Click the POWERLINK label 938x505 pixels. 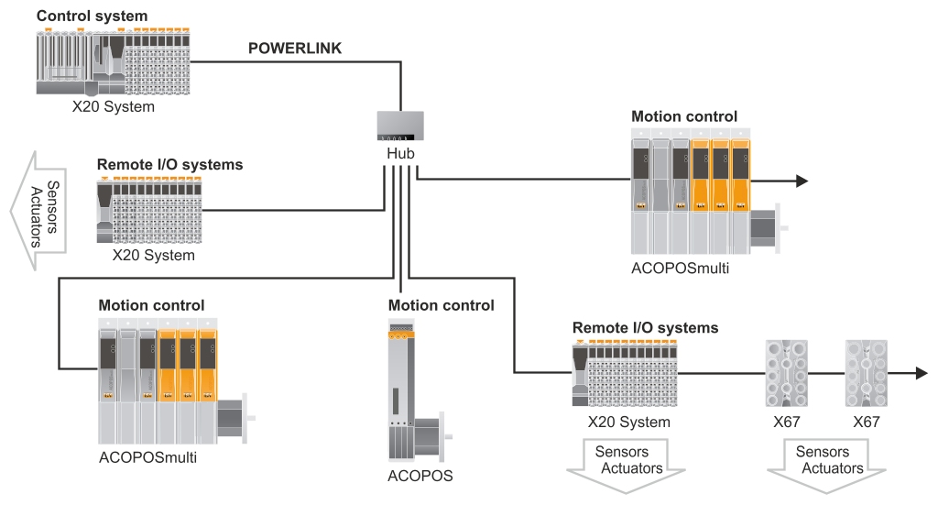coord(295,49)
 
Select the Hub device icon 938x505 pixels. coord(400,125)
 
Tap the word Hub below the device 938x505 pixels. coord(400,153)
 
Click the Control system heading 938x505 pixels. coord(92,16)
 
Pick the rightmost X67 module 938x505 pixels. coord(866,374)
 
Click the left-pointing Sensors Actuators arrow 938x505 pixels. coord(36,213)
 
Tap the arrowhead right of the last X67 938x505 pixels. coord(920,373)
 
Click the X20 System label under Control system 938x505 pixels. coord(114,106)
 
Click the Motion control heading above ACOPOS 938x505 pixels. coord(441,305)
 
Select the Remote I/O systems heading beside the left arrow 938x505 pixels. coord(169,165)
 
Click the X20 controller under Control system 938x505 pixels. coord(115,60)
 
